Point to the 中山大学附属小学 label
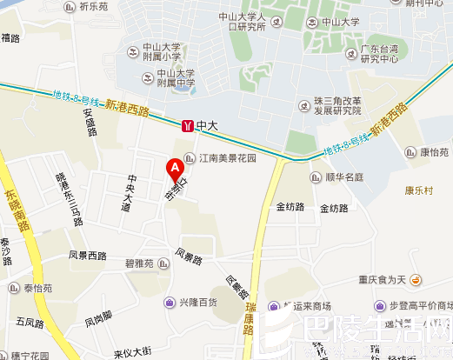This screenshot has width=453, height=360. coord(163,52)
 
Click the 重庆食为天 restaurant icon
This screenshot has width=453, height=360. coord(416,279)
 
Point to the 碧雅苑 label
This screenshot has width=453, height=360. coord(138,263)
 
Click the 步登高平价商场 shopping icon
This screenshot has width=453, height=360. coord(381,306)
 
